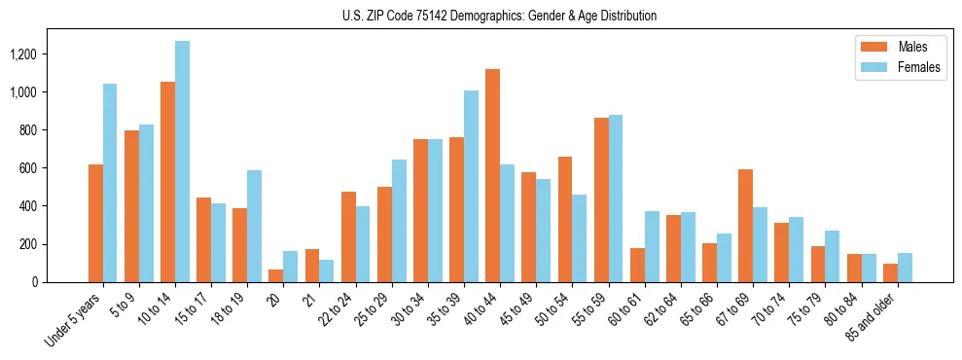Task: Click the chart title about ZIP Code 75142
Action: tap(499, 16)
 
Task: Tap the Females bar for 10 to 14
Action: tap(182, 162)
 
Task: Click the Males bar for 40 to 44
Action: tap(492, 176)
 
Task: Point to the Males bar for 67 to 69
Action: tap(745, 226)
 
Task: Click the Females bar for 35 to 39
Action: tap(471, 187)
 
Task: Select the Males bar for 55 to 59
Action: tap(601, 200)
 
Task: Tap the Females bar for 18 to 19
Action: tap(254, 227)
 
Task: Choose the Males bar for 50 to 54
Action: tap(565, 220)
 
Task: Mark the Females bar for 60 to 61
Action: tap(651, 247)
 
